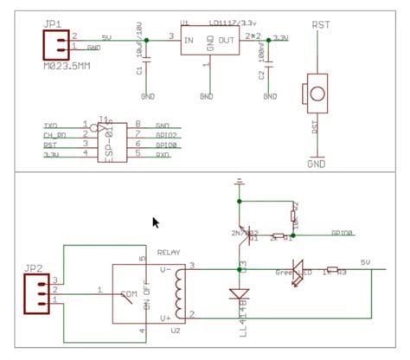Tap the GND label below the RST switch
[316, 161]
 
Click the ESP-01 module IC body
[108, 139]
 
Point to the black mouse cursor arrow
[156, 223]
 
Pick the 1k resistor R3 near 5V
[336, 270]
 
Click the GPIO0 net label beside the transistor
[343, 234]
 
